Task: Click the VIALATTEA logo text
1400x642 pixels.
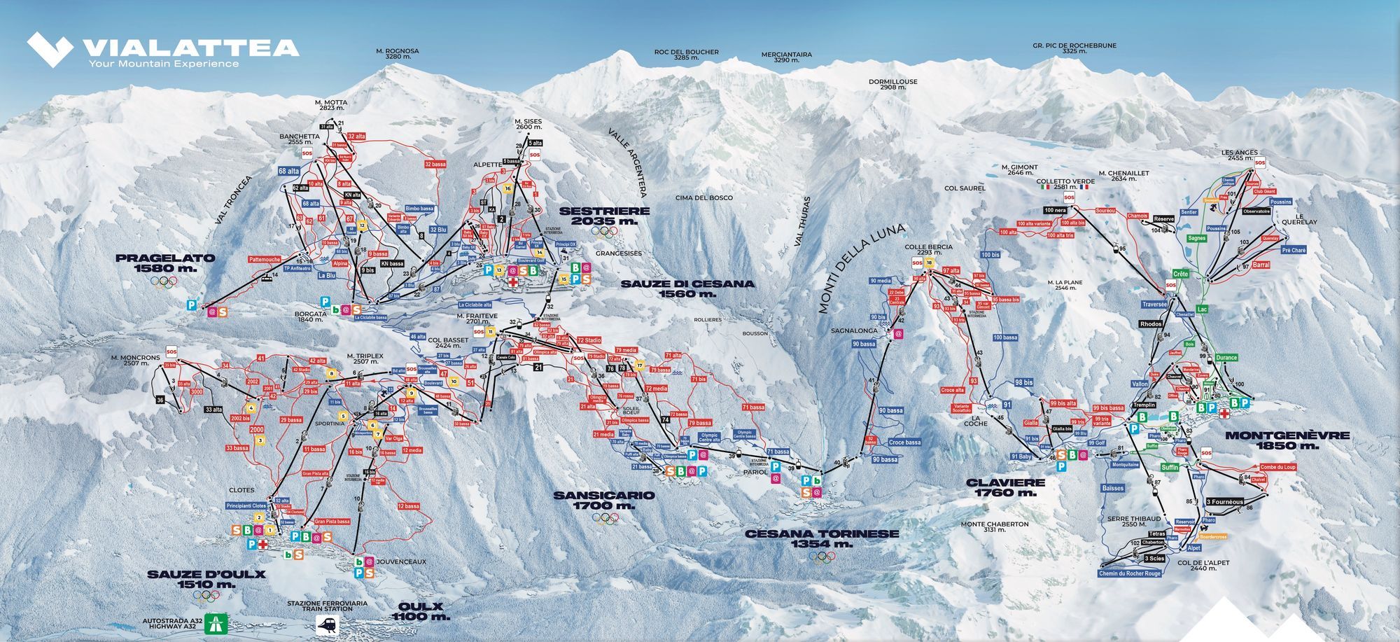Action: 190,48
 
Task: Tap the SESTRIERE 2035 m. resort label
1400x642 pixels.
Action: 604,216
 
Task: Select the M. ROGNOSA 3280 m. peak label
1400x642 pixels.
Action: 397,53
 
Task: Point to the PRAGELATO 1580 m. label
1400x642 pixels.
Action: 165,263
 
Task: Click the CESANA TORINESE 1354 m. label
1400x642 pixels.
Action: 822,538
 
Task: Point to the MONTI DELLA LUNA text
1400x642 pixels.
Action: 861,268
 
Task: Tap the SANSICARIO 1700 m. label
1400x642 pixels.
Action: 603,500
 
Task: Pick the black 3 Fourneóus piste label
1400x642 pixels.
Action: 1224,501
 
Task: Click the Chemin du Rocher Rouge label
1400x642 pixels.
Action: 1129,573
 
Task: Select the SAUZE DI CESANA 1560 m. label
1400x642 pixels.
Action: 687,288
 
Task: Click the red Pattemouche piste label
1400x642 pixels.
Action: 264,259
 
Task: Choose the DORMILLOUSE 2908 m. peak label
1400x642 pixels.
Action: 892,85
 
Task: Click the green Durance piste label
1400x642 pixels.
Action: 1226,357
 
